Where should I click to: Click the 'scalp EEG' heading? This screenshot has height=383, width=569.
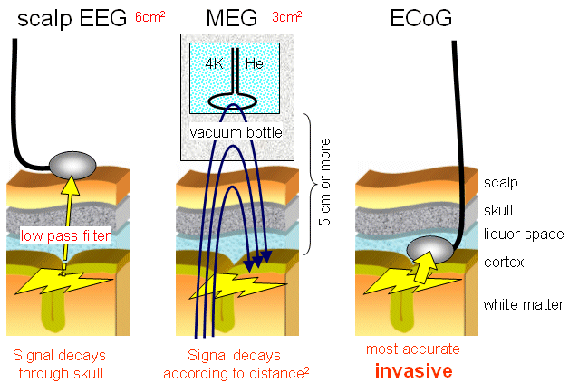71,17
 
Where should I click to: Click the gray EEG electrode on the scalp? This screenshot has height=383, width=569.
72,164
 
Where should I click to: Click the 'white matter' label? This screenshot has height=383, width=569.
524,304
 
